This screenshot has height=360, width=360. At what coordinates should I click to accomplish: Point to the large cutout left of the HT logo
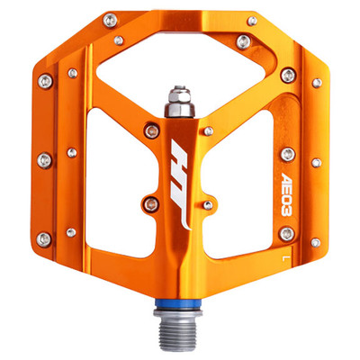coord(99,180)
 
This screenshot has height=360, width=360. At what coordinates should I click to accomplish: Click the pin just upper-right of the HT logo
coord(209,131)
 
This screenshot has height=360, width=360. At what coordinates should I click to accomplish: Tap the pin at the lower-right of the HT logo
coord(208,205)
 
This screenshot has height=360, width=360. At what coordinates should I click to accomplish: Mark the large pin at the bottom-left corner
coord(43,238)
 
